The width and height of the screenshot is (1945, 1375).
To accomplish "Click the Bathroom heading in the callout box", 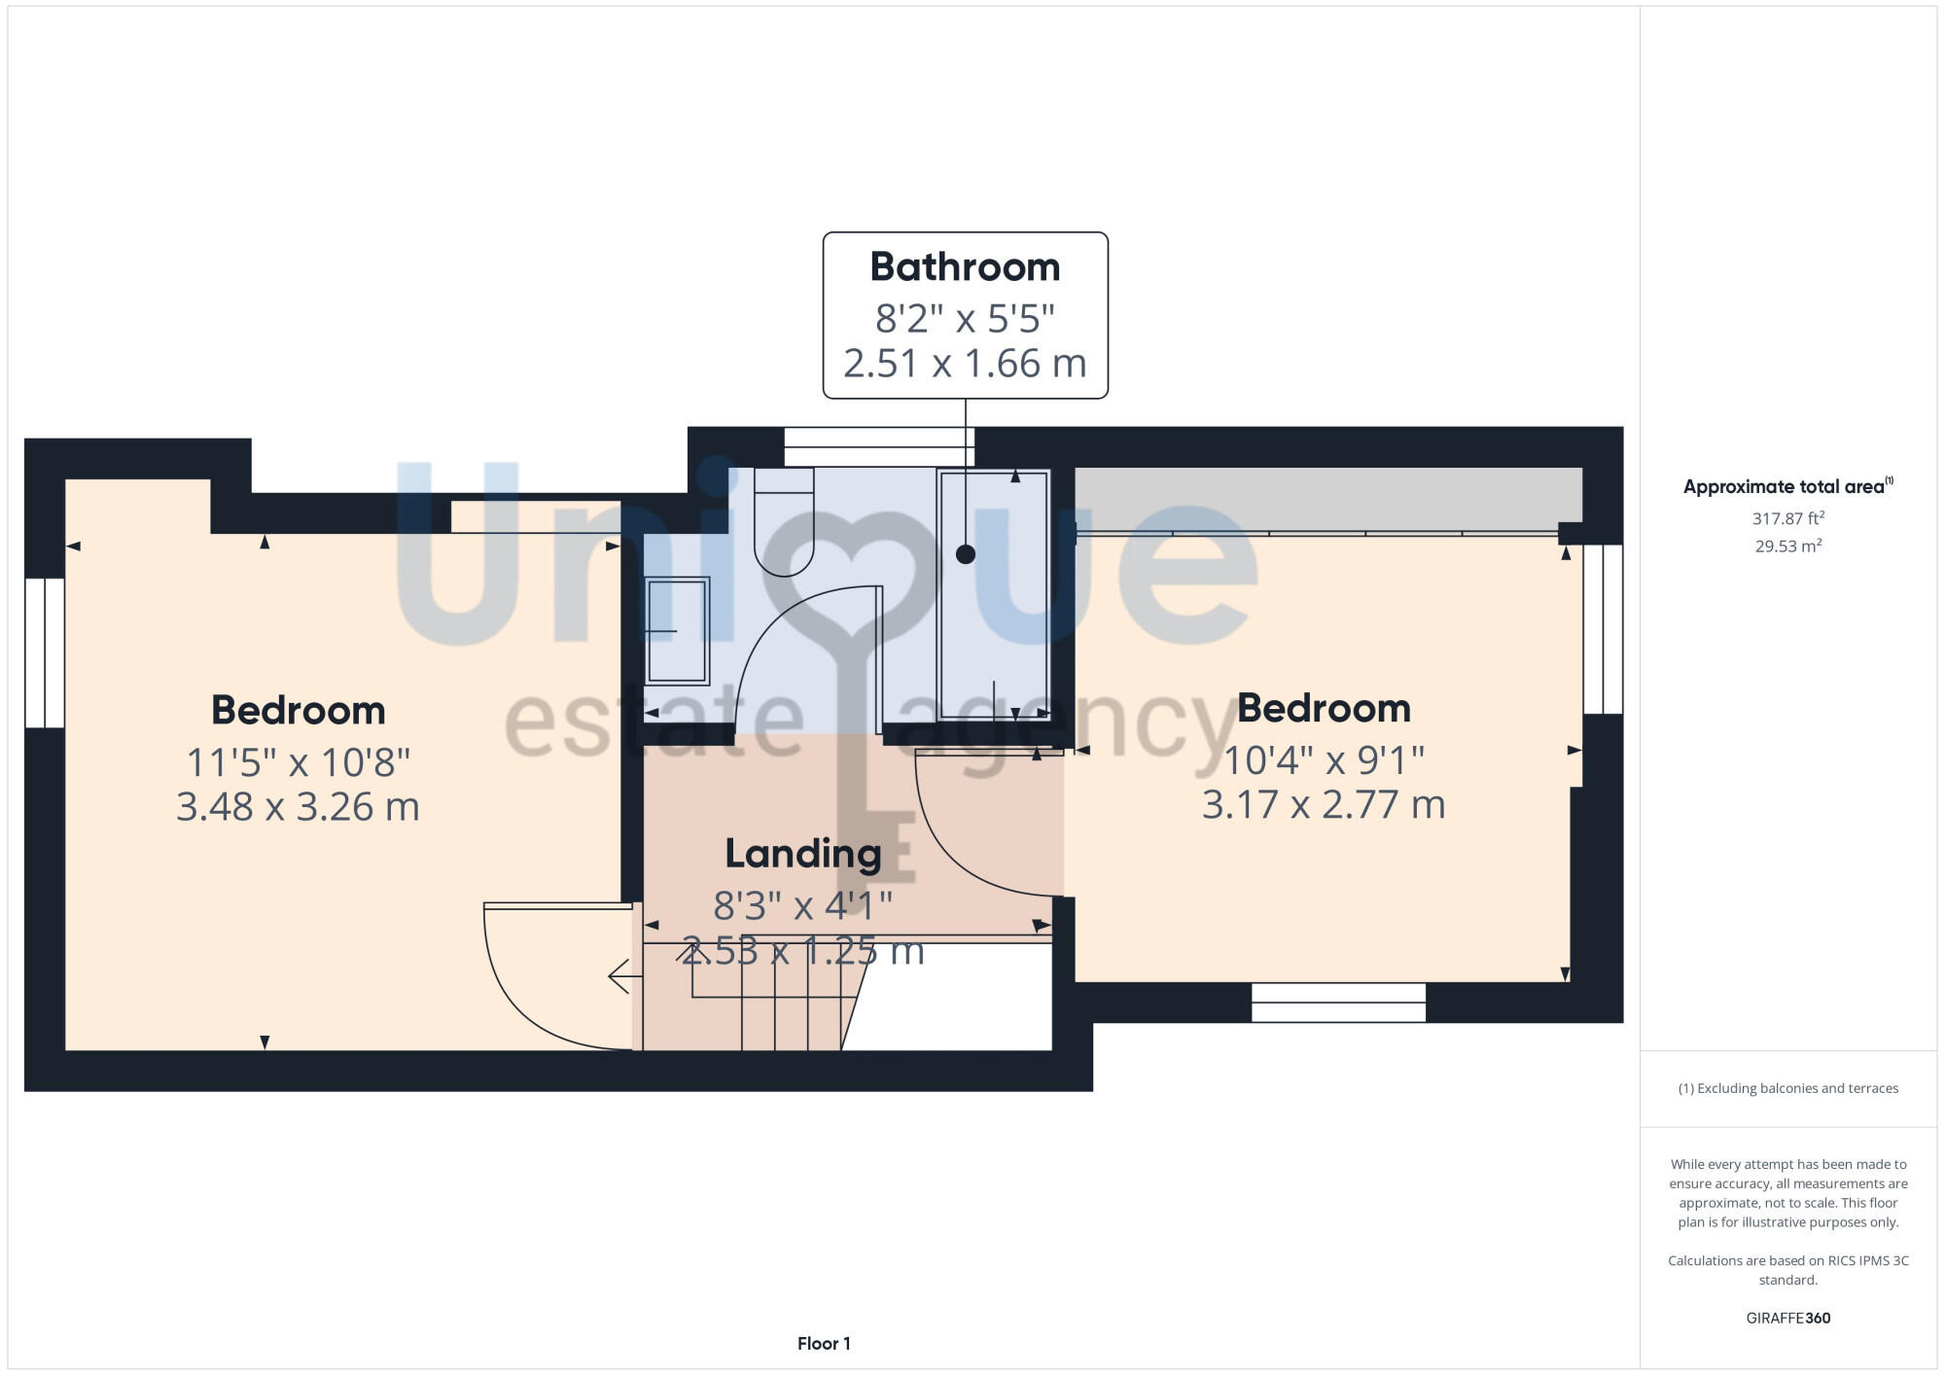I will (x=965, y=267).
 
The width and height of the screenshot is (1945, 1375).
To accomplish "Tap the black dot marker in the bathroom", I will (x=966, y=554).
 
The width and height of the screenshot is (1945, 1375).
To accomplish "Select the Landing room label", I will (x=803, y=854).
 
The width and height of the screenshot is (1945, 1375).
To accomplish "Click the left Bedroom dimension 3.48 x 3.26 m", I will (x=298, y=807).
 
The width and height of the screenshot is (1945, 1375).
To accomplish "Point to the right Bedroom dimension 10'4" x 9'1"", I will (x=1324, y=760).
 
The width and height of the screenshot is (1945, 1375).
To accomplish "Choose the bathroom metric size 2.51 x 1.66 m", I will (x=965, y=364).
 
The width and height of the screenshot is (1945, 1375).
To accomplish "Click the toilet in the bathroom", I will (x=784, y=520).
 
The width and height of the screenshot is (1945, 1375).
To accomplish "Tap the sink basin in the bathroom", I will (x=677, y=630).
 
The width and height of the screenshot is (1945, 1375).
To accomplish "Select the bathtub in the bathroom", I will (x=993, y=595).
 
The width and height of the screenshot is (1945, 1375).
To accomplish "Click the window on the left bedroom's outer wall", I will (x=45, y=652).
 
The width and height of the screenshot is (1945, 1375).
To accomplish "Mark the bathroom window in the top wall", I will (x=879, y=447).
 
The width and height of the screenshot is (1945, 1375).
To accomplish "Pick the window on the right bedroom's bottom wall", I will (x=1338, y=1003).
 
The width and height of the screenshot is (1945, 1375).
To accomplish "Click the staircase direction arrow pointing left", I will (x=622, y=975).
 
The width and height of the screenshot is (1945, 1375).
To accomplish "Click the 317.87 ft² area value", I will (x=1787, y=518).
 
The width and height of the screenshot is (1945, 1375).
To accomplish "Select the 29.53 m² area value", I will (x=1787, y=546).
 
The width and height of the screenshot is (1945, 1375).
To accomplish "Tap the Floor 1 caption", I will (x=824, y=1344).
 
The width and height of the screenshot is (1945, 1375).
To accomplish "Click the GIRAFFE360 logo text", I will (x=1787, y=1319).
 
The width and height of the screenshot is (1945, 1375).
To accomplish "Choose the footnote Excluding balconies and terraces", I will (x=1787, y=1088).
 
